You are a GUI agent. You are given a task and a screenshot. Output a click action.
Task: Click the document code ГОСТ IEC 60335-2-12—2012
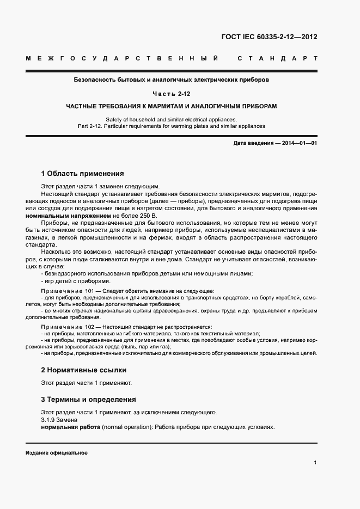coord(269,38)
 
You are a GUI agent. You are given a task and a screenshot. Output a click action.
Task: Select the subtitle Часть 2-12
coord(171,93)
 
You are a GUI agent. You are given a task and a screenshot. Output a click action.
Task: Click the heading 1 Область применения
coord(82,174)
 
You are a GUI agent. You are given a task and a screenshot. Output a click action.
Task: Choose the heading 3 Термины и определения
coord(88,399)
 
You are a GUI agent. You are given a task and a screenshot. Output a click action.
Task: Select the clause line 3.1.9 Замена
coord(59,420)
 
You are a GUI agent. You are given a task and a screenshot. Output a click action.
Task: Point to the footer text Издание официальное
coord(57,453)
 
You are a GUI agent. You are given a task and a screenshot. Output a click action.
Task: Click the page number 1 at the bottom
coord(315,463)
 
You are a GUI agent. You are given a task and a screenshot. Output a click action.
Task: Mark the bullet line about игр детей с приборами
coord(76,281)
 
